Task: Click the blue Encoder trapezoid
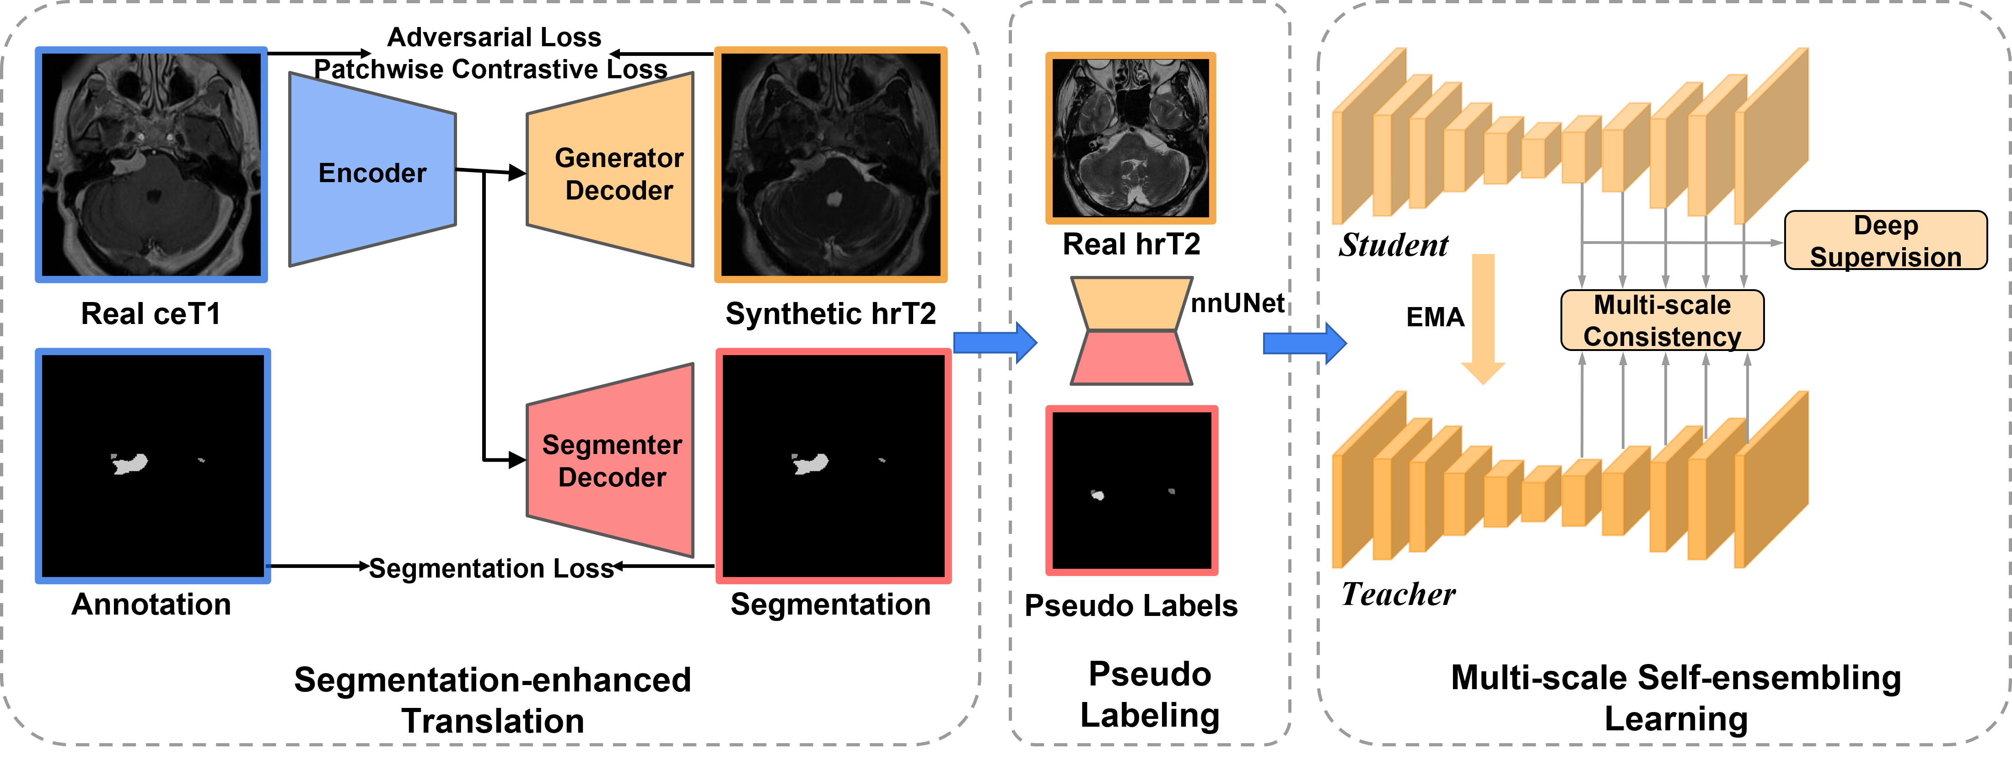pyautogui.click(x=372, y=170)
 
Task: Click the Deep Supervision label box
pyautogui.click(x=1885, y=241)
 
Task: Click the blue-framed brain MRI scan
pyautogui.click(x=151, y=165)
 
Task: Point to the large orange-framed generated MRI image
pyautogui.click(x=831, y=165)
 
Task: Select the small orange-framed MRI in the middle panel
pyautogui.click(x=1130, y=138)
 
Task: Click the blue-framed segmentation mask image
pyautogui.click(x=153, y=466)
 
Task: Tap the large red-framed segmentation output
pyautogui.click(x=834, y=466)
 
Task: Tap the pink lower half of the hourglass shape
pyautogui.click(x=1131, y=358)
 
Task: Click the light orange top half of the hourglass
pyautogui.click(x=1131, y=303)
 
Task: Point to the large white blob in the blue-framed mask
pyautogui.click(x=129, y=464)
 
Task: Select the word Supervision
pyautogui.click(x=1885, y=257)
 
